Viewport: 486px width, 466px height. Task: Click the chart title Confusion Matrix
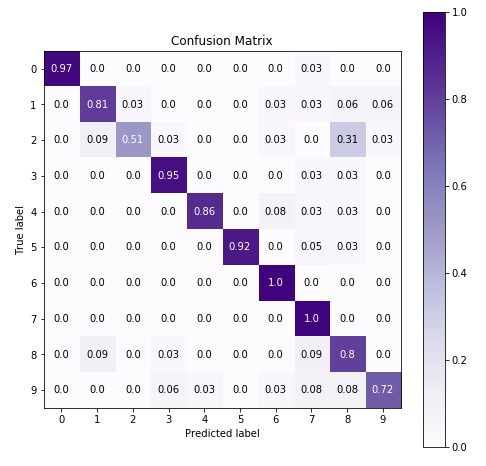click(x=222, y=41)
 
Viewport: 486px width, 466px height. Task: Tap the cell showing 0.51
click(x=132, y=139)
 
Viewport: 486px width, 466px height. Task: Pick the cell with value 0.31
click(x=348, y=139)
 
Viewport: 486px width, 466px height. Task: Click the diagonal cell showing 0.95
click(x=168, y=175)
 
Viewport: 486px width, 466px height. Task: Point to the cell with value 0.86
click(x=204, y=211)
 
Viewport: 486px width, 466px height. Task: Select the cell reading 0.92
click(x=240, y=247)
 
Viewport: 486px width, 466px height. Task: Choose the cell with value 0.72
click(x=384, y=391)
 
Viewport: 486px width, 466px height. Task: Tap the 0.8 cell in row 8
click(x=348, y=355)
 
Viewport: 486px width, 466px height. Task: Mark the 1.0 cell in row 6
click(x=276, y=283)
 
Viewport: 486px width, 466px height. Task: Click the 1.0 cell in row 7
click(x=312, y=319)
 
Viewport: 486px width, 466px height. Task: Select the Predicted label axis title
click(x=222, y=434)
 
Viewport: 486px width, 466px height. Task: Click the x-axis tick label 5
click(x=240, y=419)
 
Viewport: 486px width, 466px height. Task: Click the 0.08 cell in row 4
click(x=276, y=211)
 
